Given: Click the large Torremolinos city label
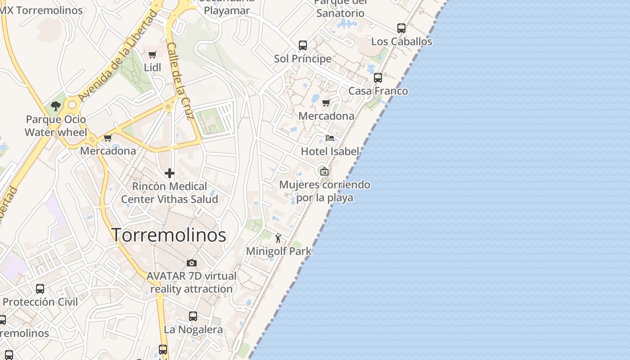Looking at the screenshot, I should tap(168, 235).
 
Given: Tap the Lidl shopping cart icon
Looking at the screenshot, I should tap(152, 55).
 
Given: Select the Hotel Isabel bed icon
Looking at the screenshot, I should tap(330, 138).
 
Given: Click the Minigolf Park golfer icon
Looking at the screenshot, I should tap(278, 238).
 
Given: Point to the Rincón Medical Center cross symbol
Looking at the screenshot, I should tap(170, 173).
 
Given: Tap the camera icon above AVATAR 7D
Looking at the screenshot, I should tap(192, 263).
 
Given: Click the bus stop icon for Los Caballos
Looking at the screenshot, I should tap(401, 28).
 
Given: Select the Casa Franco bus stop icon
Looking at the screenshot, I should tap(378, 78).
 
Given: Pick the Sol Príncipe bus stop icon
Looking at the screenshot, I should tap(303, 45).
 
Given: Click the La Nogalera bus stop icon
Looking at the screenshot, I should tap(193, 316).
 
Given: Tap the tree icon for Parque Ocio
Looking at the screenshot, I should tap(56, 106).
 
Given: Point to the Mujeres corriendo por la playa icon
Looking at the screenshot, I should tap(324, 171).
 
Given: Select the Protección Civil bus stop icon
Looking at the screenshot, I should tap(40, 289).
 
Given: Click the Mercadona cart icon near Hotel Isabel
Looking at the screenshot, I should tap(326, 103).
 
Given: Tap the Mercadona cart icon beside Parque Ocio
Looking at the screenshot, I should tap(108, 138).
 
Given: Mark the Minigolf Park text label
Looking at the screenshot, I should tap(279, 251).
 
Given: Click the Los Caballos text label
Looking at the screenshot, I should tap(401, 41).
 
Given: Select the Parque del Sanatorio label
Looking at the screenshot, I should tap(340, 8).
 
